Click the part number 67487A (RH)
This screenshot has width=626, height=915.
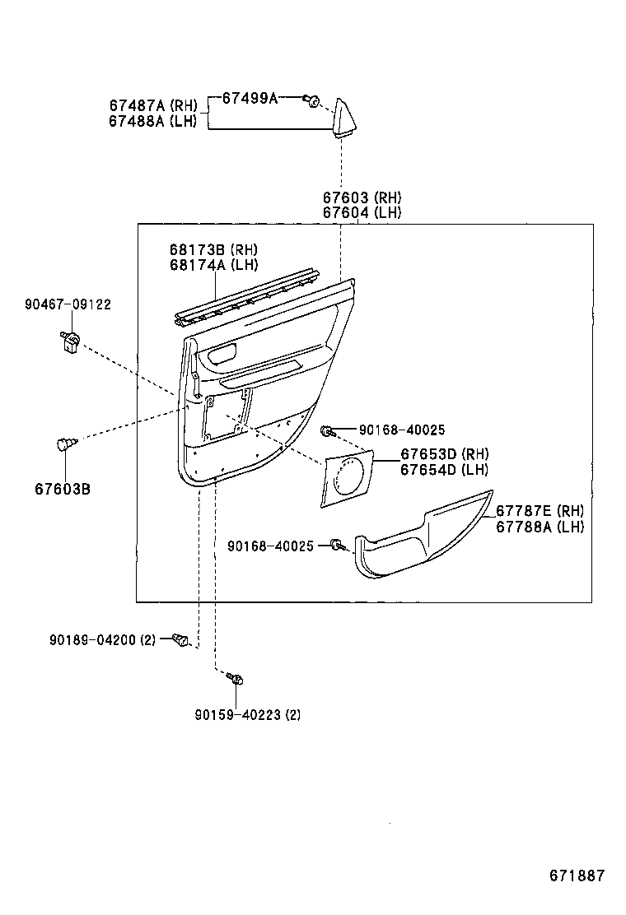tap(153, 105)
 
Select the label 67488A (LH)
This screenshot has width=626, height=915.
tap(152, 121)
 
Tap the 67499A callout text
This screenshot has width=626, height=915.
tap(250, 99)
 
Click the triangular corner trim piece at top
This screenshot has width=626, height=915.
tap(345, 116)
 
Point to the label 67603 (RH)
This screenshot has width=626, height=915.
tap(362, 197)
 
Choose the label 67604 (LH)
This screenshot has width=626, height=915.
tap(362, 212)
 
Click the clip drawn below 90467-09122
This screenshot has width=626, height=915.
tap(70, 339)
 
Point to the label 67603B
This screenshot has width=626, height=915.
tap(63, 489)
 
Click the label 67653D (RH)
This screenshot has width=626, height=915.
tap(445, 454)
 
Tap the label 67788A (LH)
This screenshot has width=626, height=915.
tap(540, 527)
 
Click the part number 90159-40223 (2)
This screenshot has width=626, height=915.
tap(247, 714)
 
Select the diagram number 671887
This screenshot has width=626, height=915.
tap(577, 875)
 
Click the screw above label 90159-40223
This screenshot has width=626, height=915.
tap(236, 679)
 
